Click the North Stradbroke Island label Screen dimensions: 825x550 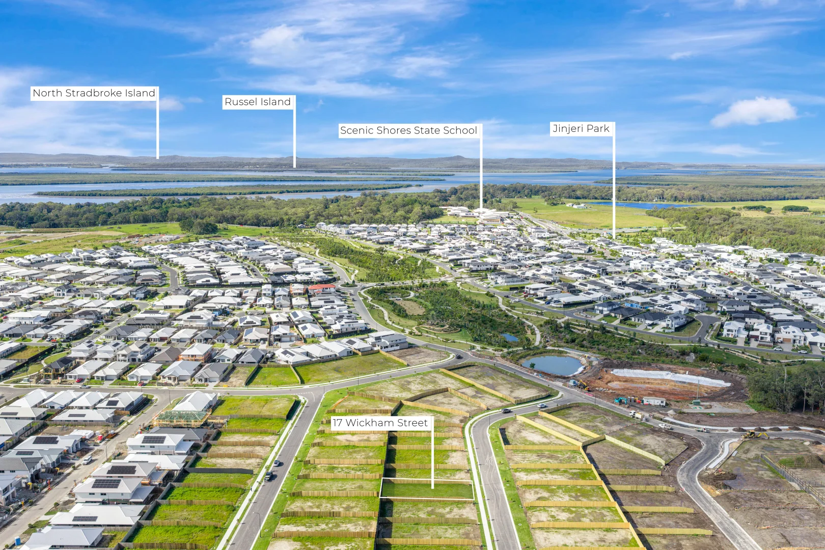(x=94, y=93)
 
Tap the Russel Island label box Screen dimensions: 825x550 (x=258, y=102)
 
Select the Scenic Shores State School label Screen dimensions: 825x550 (x=409, y=130)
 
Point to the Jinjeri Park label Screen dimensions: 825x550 (x=581, y=129)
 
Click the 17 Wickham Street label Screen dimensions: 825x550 (x=380, y=423)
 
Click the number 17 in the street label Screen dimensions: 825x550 (x=337, y=423)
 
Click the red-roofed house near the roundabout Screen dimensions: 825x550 (x=322, y=287)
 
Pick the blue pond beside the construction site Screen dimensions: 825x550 (x=553, y=365)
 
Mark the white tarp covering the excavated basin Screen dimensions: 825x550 (x=670, y=377)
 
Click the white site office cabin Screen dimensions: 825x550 (x=654, y=401)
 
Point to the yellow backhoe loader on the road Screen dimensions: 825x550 (x=755, y=435)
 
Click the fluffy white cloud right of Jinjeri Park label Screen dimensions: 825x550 (x=753, y=113)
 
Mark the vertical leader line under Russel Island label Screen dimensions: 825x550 (x=294, y=139)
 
